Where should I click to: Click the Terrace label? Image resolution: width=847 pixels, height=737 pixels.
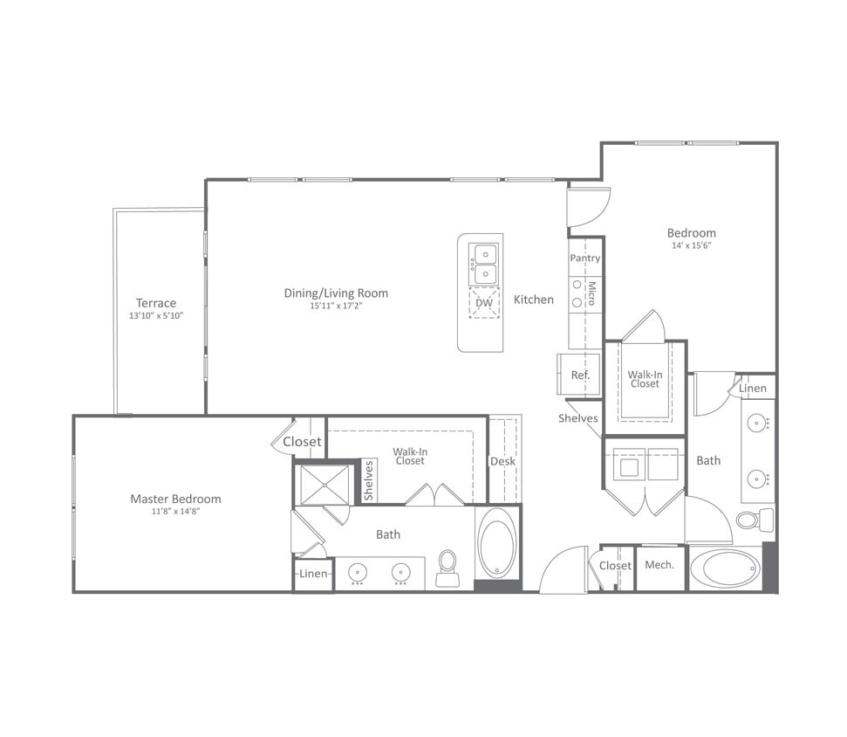(155, 303)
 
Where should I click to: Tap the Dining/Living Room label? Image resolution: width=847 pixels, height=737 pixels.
(336, 293)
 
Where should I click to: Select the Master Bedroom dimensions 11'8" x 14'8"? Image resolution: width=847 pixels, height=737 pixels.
(175, 512)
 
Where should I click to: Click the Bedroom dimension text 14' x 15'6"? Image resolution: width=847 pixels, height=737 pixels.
(691, 245)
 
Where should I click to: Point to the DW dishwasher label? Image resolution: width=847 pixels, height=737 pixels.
(483, 303)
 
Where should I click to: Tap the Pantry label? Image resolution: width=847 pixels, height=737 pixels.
(584, 258)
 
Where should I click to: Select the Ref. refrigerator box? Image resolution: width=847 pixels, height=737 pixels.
(580, 375)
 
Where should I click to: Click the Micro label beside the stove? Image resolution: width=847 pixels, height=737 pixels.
(591, 293)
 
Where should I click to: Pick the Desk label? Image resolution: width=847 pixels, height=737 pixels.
(502, 461)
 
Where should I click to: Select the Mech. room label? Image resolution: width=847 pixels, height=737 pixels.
(659, 565)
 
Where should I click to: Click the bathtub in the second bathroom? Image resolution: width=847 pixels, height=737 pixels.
(725, 568)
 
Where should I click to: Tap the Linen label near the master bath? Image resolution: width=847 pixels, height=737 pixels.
(313, 574)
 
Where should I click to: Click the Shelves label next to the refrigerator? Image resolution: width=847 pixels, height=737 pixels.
(578, 418)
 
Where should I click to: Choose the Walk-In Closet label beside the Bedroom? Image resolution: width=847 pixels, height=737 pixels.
(645, 379)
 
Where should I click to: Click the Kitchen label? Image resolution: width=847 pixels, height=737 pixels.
(533, 300)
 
